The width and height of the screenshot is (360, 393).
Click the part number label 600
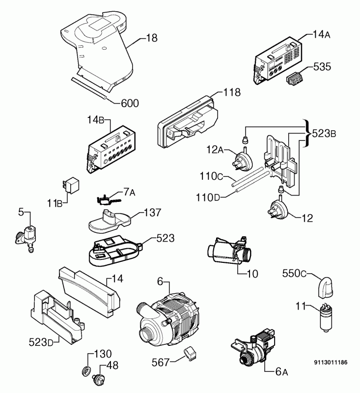point(130,103)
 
